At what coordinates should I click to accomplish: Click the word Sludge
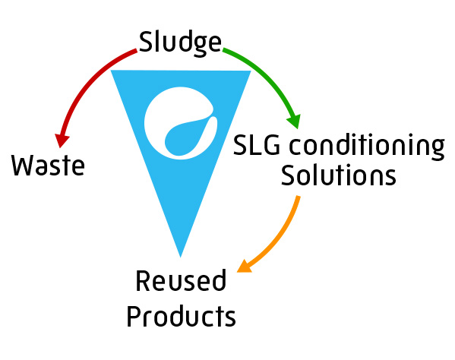point(180,43)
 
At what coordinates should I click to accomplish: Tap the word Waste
point(48,165)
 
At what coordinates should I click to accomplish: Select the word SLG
point(257,145)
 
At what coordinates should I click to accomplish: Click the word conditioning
point(367,147)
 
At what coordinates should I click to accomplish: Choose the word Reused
point(181,280)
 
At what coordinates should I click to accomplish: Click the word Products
point(181,316)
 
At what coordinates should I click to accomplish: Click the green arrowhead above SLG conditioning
point(294,122)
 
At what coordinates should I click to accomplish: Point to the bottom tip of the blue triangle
point(181,257)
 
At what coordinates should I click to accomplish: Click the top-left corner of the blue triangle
point(111,70)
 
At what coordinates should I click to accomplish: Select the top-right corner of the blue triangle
point(251,71)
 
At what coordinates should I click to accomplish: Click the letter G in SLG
point(271,145)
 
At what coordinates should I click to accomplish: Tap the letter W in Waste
point(23,165)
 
